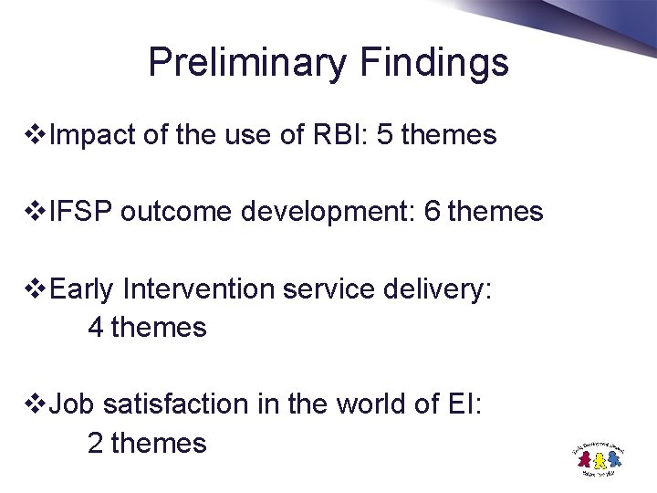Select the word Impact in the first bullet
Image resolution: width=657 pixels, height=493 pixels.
point(92,136)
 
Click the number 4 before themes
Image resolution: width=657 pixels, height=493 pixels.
point(95,327)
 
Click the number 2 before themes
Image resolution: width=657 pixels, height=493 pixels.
point(95,443)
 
